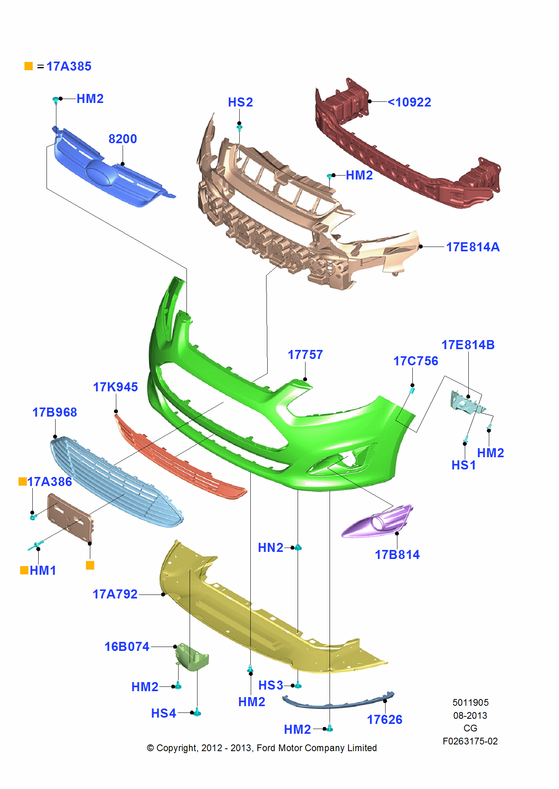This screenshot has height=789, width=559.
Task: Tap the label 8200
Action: tap(123, 139)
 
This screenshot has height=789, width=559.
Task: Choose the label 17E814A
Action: tap(473, 247)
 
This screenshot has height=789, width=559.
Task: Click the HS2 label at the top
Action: tap(240, 102)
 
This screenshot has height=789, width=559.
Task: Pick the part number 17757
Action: tap(305, 355)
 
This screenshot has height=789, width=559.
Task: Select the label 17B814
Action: tap(397, 555)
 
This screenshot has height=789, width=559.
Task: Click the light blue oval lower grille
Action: tap(114, 481)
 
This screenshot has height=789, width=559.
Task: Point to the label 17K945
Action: tap(115, 387)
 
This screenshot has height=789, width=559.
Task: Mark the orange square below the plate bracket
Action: tap(90, 565)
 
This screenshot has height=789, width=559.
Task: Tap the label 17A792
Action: tap(115, 594)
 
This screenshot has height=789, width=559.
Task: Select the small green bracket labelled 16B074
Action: tap(192, 657)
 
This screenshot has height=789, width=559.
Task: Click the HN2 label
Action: tap(270, 548)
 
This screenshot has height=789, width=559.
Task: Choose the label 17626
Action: tap(384, 720)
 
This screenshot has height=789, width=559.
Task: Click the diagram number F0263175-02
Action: tap(470, 741)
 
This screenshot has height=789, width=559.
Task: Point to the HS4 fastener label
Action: tap(164, 713)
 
